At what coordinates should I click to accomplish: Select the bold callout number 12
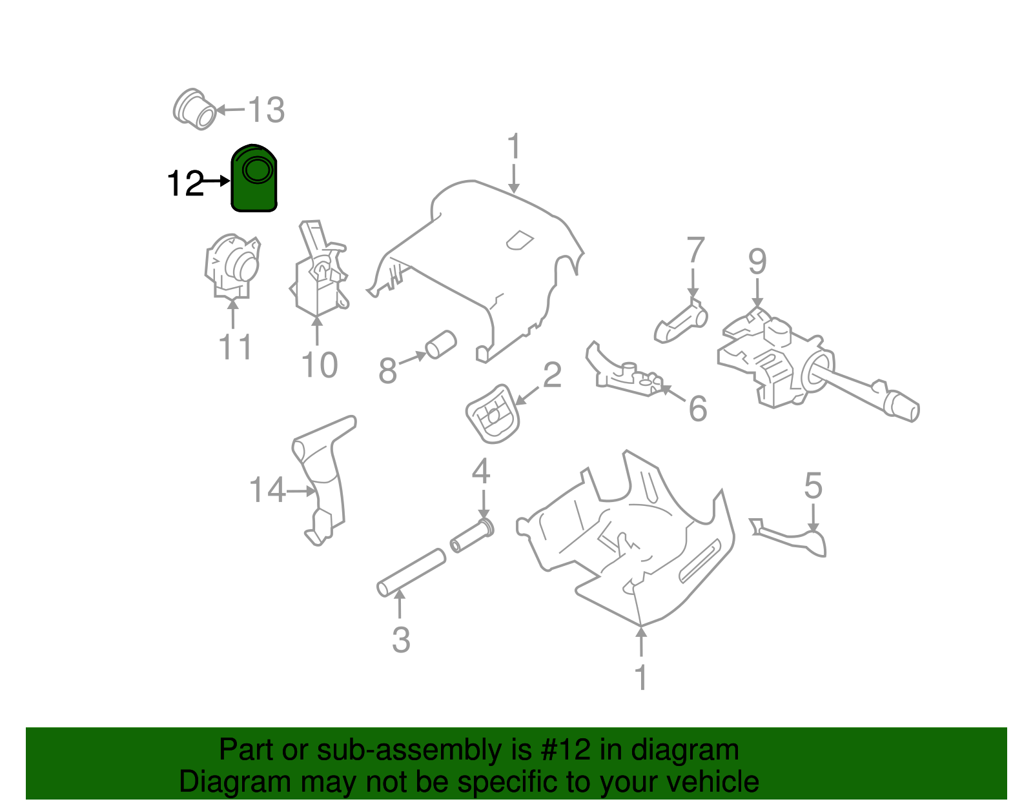click(185, 184)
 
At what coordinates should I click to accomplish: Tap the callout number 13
click(266, 110)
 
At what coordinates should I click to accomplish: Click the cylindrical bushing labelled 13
click(195, 110)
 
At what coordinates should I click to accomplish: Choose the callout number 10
click(320, 365)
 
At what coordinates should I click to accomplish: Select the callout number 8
click(387, 371)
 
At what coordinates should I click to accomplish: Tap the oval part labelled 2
click(492, 414)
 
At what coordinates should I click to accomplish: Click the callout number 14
click(267, 490)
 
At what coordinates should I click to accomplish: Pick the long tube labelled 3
click(411, 572)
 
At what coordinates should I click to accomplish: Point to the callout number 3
click(401, 640)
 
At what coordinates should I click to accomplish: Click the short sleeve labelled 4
click(472, 536)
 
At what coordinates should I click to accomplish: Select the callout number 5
click(813, 485)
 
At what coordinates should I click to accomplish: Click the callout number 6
click(698, 408)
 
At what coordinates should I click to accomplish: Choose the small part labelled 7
click(680, 322)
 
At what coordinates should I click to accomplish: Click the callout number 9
click(757, 261)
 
